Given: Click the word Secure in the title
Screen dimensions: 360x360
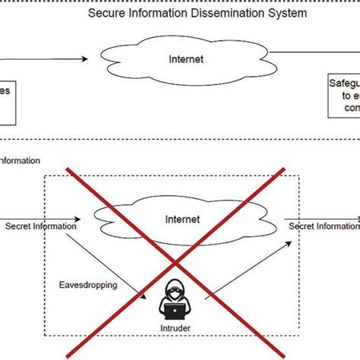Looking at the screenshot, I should [106, 13].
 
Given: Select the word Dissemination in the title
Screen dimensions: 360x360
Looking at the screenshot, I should [205, 13].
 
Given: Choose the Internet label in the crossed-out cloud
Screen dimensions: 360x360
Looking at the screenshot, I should [182, 219].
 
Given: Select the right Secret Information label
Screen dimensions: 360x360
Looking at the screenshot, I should [323, 226].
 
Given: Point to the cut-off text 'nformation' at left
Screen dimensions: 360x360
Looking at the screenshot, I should [21, 160].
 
